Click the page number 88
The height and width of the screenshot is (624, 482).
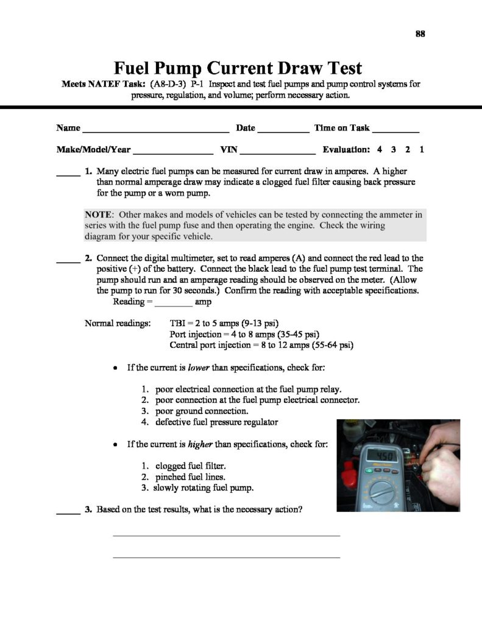pos(420,34)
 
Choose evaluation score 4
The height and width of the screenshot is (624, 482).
pos(380,149)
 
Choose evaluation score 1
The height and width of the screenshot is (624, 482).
pos(422,149)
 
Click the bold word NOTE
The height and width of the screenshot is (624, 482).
pos(100,214)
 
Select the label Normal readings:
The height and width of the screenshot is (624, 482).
pos(118,323)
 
